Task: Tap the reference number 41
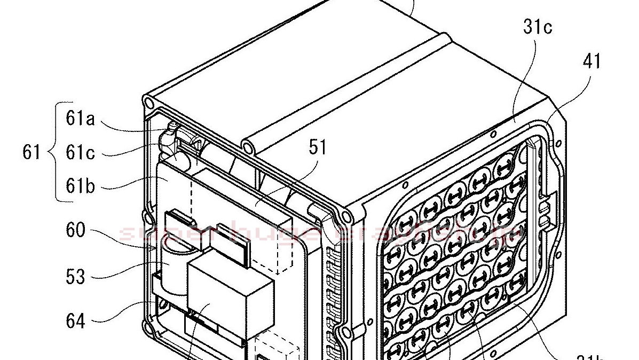click(x=592, y=61)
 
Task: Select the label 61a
click(x=80, y=118)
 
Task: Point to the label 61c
click(x=80, y=153)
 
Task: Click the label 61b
click(x=80, y=187)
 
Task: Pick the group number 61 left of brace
click(x=31, y=153)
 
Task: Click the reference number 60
click(x=75, y=231)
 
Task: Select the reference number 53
click(x=75, y=277)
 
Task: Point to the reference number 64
click(x=75, y=322)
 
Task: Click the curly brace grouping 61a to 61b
click(x=52, y=153)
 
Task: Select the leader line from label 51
click(x=286, y=182)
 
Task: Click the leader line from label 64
click(x=128, y=312)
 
